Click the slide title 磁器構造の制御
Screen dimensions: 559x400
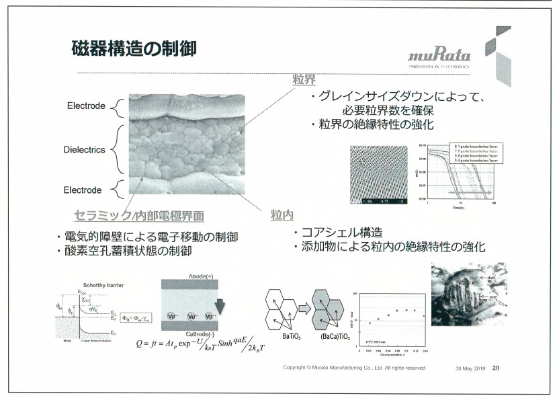134,48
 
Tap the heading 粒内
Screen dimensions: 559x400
282,214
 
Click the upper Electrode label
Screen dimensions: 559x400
86,106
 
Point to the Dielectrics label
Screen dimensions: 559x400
85,149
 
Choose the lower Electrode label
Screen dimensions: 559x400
83,190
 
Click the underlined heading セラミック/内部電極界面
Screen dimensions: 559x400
139,216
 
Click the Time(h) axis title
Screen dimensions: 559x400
460,209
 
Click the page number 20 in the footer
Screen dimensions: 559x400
496,368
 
